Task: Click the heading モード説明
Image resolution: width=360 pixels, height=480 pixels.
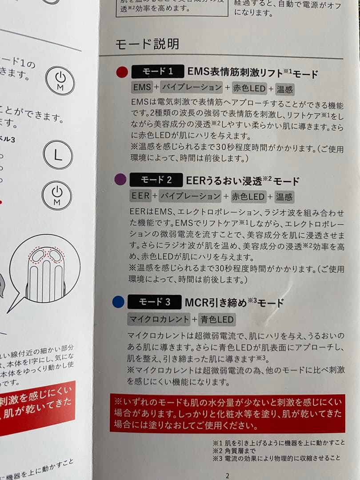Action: (147, 44)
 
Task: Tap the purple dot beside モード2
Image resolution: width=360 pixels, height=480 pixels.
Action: (120, 180)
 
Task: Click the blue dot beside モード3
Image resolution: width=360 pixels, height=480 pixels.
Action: (118, 303)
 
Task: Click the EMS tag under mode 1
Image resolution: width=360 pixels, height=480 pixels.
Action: (142, 88)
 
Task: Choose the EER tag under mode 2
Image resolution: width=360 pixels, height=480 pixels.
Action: (140, 196)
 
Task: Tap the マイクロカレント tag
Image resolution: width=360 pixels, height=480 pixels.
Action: (158, 319)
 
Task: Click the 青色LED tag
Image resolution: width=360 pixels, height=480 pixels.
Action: (217, 319)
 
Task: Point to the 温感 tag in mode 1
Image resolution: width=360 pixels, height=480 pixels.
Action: (284, 89)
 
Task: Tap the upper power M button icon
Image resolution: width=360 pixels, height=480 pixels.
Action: (60, 80)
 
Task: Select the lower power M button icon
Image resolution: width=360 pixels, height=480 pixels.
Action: (56, 196)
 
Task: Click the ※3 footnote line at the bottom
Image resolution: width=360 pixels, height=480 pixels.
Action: (276, 457)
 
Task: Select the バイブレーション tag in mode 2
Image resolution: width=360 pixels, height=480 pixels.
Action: (191, 196)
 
